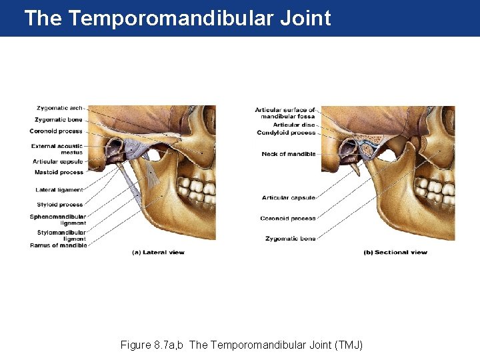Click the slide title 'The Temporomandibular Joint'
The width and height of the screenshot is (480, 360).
coord(177,18)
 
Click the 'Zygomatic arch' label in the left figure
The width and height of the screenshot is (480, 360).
coord(60,108)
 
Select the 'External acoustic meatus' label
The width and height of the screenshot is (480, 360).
coord(57,149)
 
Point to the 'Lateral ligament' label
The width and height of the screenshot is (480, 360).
coord(59,190)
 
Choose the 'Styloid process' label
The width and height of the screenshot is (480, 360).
coord(61,205)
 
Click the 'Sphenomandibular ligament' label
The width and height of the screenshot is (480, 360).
coord(58,219)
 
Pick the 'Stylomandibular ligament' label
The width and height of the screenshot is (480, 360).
coord(58,235)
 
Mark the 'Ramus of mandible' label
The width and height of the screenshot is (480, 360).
coord(59,245)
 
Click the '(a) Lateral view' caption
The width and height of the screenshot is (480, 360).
coord(158,253)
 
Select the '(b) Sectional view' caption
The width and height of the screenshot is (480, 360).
coord(395,253)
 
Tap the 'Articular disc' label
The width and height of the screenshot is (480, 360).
coord(294,125)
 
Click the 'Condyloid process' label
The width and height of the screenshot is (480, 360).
coord(286,133)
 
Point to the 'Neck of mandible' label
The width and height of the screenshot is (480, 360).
coord(289,154)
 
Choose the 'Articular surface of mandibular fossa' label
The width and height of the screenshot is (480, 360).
coord(286,113)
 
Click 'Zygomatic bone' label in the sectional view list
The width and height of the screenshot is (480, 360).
coord(291,238)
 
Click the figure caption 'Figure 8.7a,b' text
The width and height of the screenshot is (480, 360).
coord(153,345)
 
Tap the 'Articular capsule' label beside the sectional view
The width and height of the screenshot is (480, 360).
coord(289,197)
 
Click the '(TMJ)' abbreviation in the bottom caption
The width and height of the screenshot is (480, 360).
coord(347,345)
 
